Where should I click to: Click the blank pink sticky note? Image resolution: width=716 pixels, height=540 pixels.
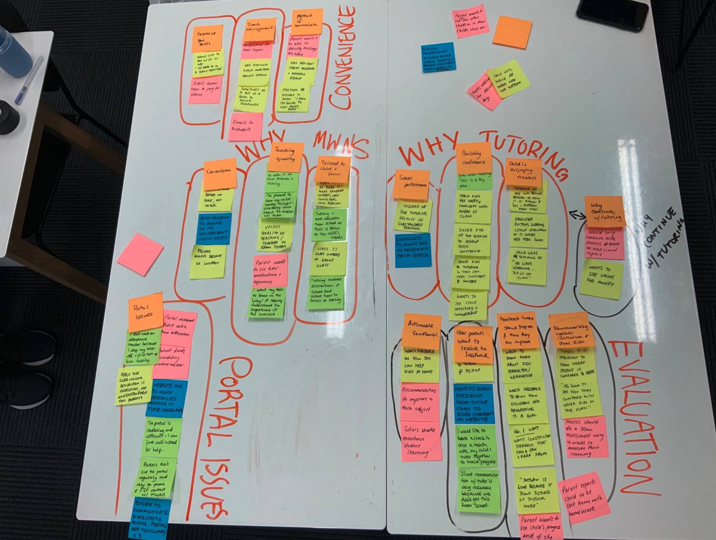click(140, 254)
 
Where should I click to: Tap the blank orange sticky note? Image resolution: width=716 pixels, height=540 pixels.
click(512, 32)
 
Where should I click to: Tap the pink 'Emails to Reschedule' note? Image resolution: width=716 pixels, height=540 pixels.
click(246, 126)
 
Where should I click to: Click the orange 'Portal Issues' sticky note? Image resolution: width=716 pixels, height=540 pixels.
click(145, 312)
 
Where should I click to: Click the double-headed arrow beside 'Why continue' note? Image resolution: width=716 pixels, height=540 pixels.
click(578, 215)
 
